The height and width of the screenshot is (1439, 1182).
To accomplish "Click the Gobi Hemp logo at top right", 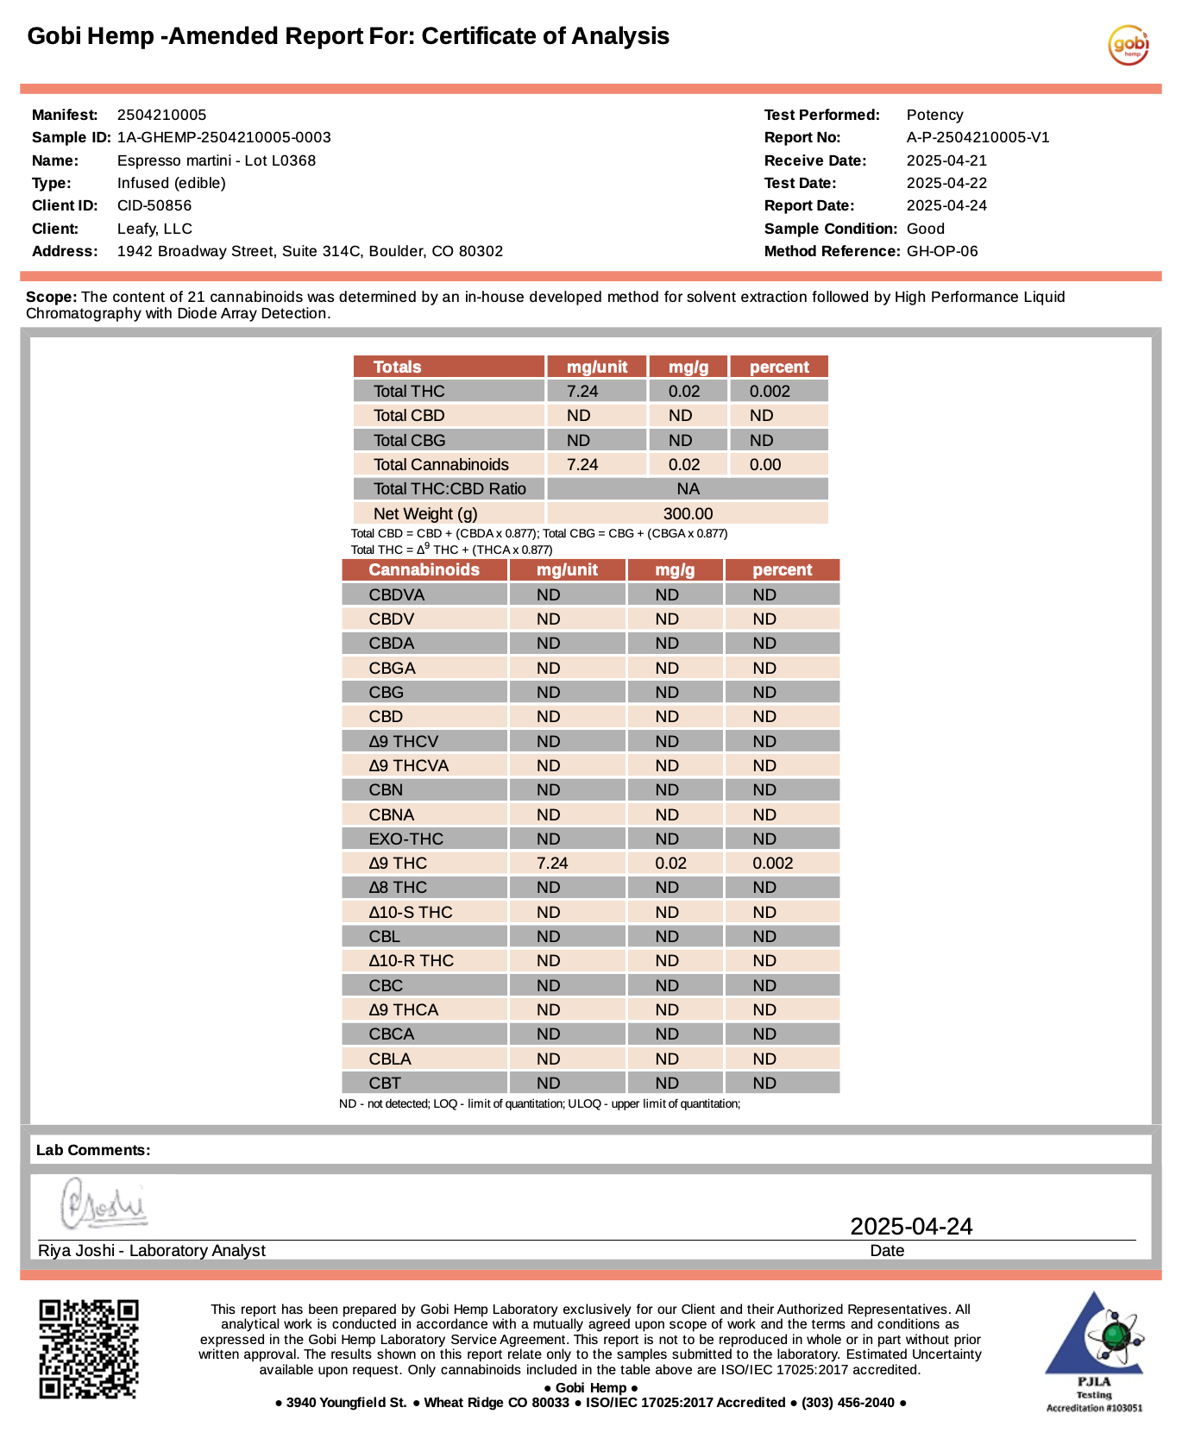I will [1129, 45].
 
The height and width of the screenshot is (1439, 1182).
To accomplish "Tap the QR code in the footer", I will [88, 1348].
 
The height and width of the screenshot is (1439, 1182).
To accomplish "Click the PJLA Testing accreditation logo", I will [1094, 1350].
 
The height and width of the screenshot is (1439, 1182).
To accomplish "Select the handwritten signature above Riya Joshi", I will [104, 1203].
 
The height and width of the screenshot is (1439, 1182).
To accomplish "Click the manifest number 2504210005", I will [161, 115].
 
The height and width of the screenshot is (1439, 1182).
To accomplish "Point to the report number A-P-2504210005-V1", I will [978, 137].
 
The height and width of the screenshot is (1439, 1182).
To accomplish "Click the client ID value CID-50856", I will [154, 205].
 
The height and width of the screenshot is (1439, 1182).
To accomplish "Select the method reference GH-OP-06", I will [942, 251].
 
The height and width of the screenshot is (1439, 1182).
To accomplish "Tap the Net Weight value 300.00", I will [688, 513].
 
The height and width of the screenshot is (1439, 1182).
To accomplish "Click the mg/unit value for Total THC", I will [582, 391].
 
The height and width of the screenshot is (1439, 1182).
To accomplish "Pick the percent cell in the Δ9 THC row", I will [772, 863].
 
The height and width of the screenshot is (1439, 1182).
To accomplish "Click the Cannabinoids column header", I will [424, 569].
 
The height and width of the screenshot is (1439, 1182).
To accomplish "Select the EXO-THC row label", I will [406, 839].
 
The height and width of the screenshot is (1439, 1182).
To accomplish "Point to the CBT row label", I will [385, 1083].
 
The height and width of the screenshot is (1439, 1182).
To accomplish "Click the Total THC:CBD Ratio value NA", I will [688, 488].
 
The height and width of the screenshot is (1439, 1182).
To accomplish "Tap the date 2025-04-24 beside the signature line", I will [911, 1226].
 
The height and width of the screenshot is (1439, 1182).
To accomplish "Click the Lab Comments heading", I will [93, 1150].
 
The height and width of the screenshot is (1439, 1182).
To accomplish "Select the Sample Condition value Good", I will [925, 229].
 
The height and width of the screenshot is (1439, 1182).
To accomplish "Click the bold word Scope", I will [51, 297].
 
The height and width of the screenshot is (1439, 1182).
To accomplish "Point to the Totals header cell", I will [397, 367].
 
